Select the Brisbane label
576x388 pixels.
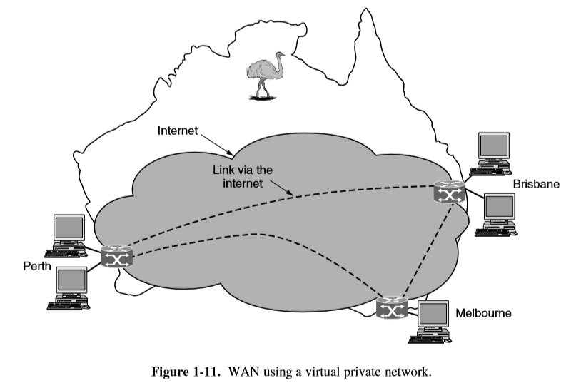pyautogui.click(x=536, y=184)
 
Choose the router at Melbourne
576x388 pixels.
pyautogui.click(x=390, y=307)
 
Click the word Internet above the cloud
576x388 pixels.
pyautogui.click(x=176, y=131)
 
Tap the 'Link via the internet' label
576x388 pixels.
pyautogui.click(x=241, y=177)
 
